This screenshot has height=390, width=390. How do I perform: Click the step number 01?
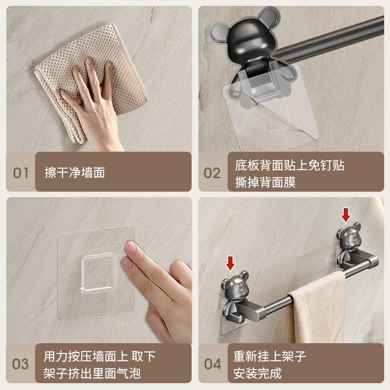[x=20, y=173]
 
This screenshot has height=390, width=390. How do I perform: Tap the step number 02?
[x=212, y=173]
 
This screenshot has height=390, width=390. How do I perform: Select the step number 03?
[x=20, y=364]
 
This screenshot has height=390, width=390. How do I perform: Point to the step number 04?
[x=212, y=364]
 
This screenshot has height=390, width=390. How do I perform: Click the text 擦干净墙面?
[x=75, y=172]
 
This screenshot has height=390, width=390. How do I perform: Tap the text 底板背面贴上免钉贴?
[x=290, y=165]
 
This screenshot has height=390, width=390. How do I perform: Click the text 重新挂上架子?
[x=270, y=356]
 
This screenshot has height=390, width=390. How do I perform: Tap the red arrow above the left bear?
[x=230, y=264]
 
